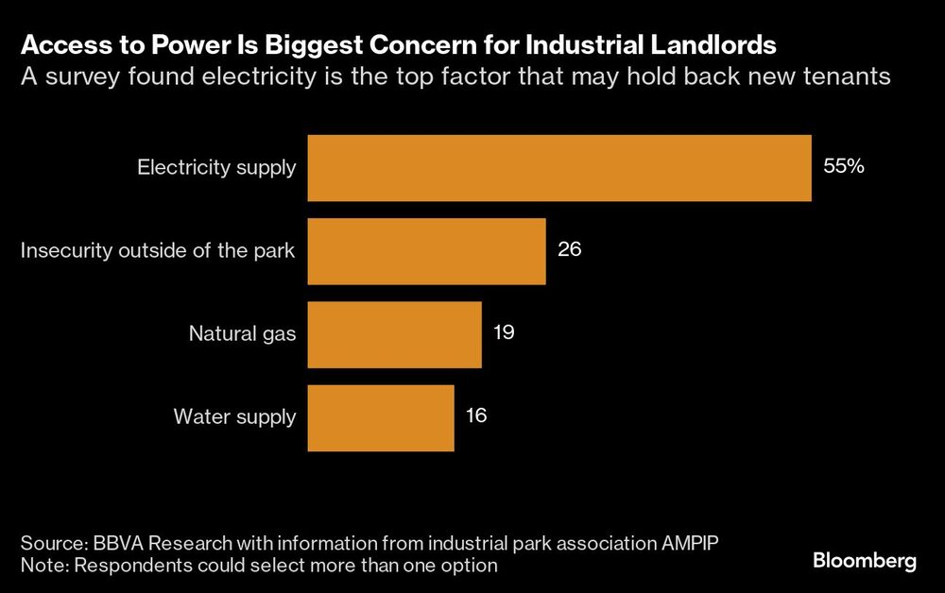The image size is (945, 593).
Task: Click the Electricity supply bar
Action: pos(559,168)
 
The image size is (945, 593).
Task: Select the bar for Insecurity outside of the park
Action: pos(426,251)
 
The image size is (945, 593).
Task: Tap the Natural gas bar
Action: pos(394,334)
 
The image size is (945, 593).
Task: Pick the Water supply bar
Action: pos(381,416)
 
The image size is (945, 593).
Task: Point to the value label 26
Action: pos(569,250)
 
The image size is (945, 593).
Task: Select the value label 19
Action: pos(504,333)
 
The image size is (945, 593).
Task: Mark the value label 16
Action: pos(476,415)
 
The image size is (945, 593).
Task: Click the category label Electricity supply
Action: pos(216,168)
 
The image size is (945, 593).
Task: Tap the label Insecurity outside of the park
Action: pos(158,251)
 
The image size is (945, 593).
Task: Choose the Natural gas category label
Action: pos(242,333)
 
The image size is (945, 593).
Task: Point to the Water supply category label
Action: pos(234,416)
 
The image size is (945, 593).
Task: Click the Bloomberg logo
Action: pos(865,561)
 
